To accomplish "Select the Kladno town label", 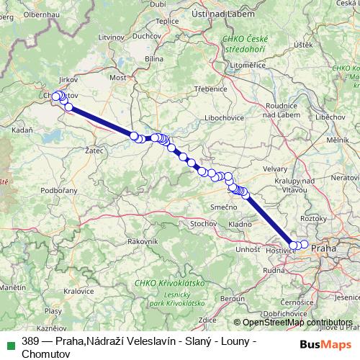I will click(x=240, y=225).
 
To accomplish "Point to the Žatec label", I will click(x=94, y=151).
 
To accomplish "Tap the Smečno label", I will click(x=224, y=207).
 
